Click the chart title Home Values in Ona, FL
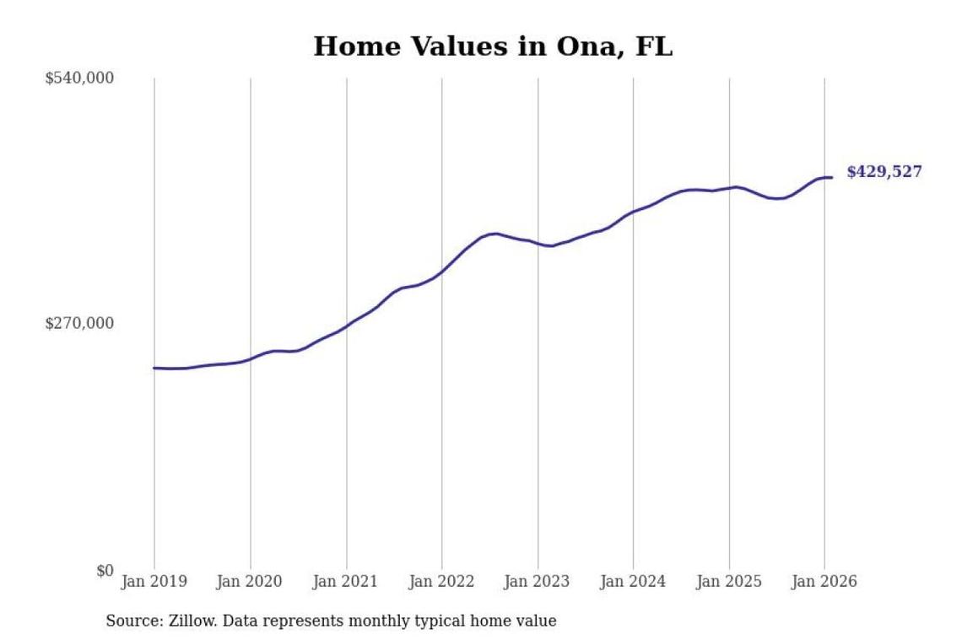tap(493, 46)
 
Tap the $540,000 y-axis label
tap(79, 78)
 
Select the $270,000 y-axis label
tap(79, 324)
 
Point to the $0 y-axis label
tap(104, 571)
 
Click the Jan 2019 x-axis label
tap(154, 582)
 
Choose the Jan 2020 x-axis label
tap(250, 582)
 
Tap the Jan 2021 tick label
tap(346, 582)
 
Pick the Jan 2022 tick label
tap(441, 582)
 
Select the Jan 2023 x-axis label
tap(538, 582)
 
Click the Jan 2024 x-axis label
tap(633, 582)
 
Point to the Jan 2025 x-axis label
tap(729, 582)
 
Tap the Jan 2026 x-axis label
tap(824, 582)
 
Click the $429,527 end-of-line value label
tap(884, 172)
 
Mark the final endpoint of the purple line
tap(832, 177)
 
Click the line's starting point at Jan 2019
tap(154, 368)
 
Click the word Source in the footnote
tap(131, 621)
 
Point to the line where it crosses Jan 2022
tap(441, 272)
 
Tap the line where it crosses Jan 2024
tap(633, 212)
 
